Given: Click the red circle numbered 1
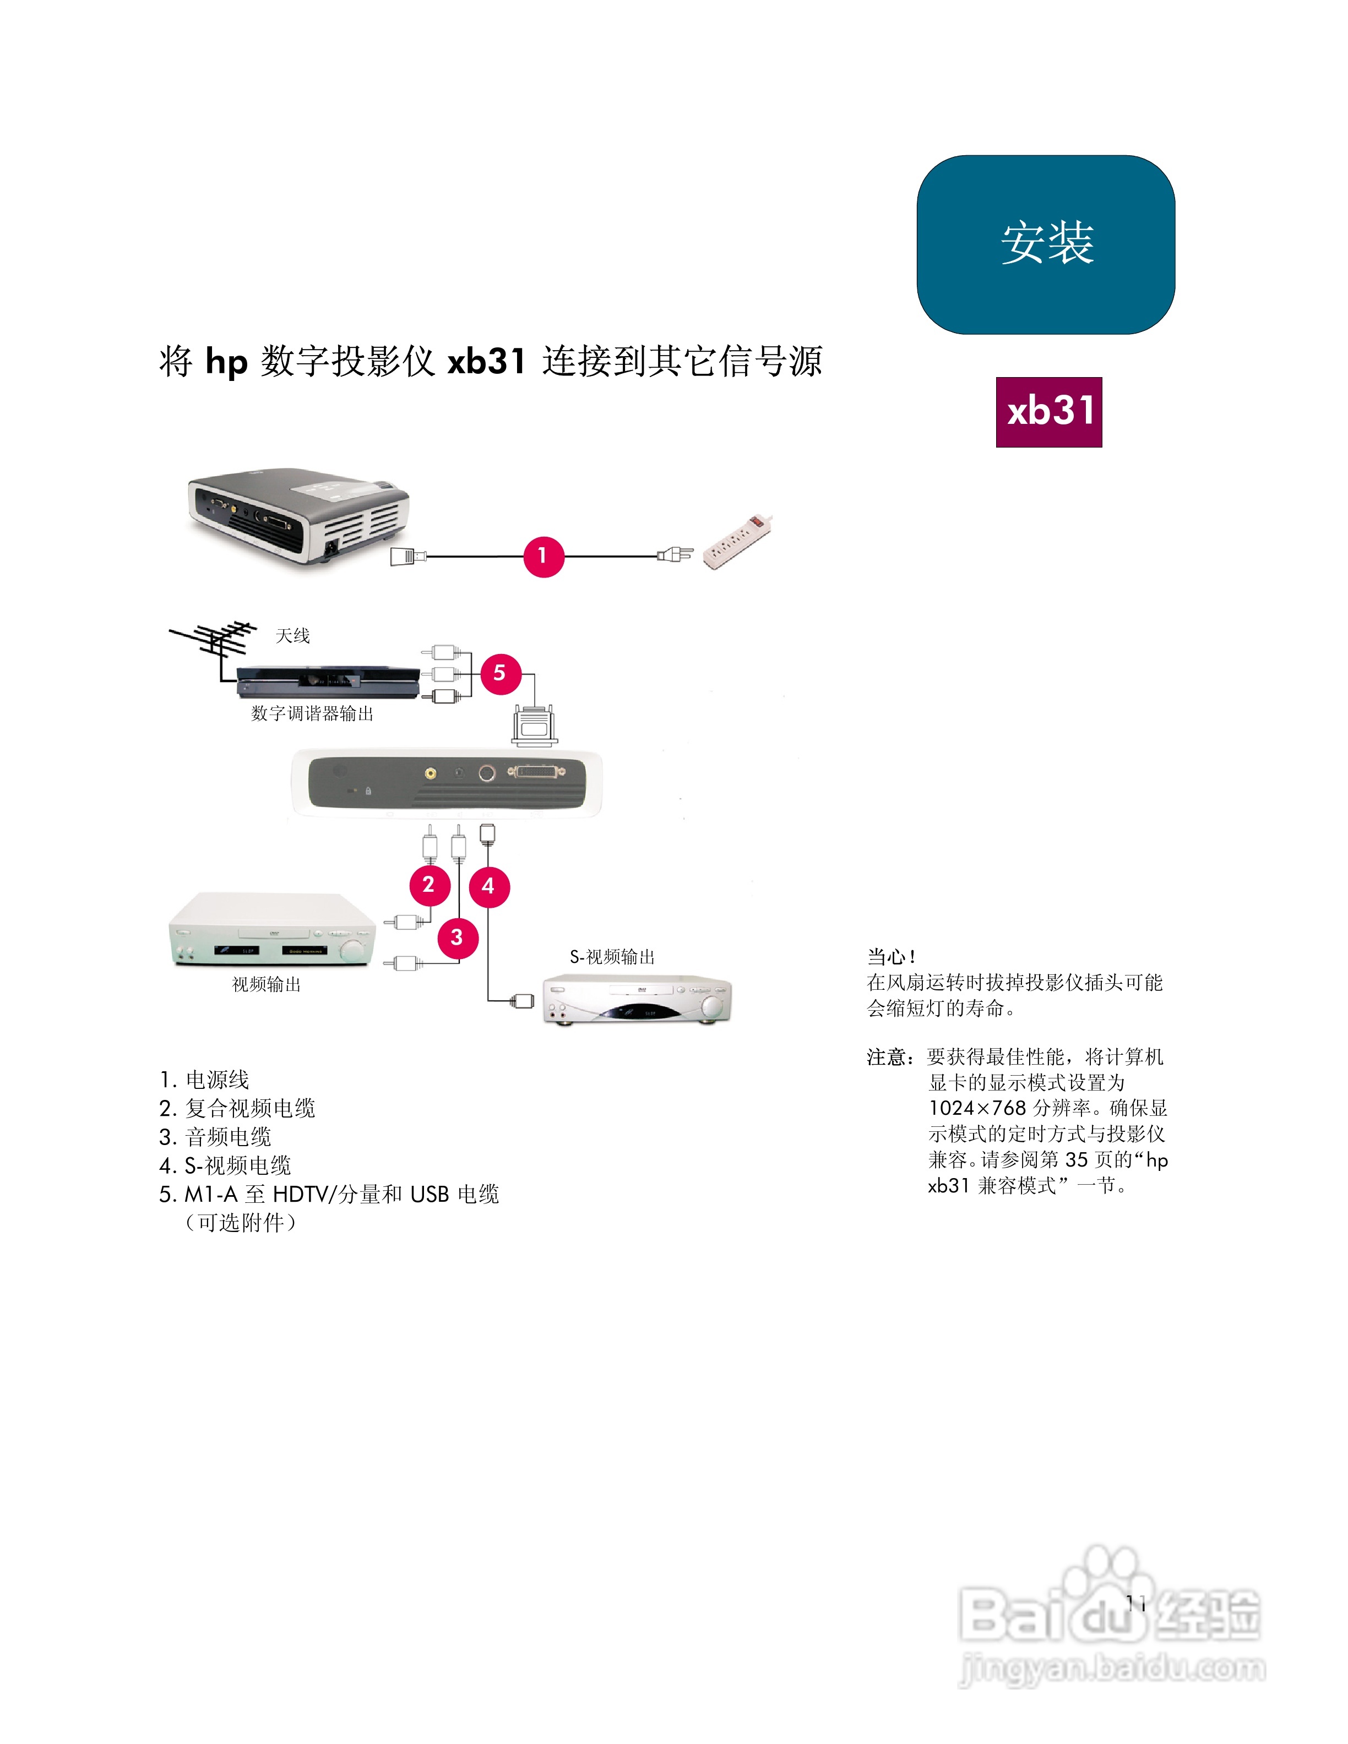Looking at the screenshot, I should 543,556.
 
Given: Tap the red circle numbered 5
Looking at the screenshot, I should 500,673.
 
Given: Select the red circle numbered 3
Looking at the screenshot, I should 458,938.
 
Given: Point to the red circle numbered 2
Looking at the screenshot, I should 429,885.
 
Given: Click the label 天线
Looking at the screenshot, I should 292,636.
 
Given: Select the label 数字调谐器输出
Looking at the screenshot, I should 312,714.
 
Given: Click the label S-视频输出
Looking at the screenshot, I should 612,957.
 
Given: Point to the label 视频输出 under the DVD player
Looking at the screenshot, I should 266,985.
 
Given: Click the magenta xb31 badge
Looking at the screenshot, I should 1048,412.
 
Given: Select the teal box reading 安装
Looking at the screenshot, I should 1045,244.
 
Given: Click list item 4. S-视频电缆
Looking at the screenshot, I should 225,1166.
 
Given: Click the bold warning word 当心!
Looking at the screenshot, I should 891,957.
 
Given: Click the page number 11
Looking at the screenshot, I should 1135,1604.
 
